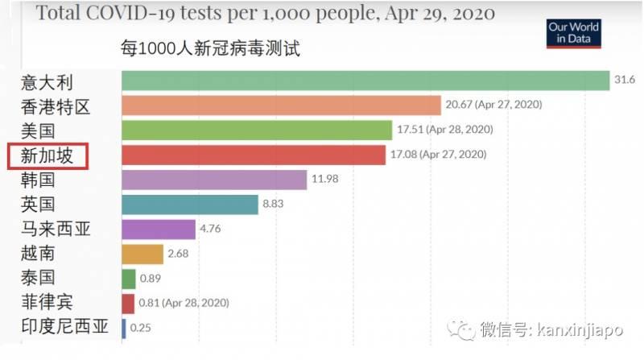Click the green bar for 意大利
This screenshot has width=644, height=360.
coord(365,81)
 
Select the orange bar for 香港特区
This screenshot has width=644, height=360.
coord(281,106)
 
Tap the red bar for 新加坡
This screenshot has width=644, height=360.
coord(254,155)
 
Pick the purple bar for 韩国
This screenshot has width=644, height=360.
coord(214,180)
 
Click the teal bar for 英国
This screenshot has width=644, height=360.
coord(189,205)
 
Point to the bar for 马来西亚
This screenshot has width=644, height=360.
coord(159,229)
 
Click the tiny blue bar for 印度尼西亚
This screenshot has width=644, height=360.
coord(124,328)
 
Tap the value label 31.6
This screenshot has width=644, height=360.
coord(625,81)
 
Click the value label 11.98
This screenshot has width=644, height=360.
coord(326,180)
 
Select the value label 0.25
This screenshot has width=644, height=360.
coord(141,328)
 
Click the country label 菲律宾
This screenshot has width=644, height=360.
coord(47,303)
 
